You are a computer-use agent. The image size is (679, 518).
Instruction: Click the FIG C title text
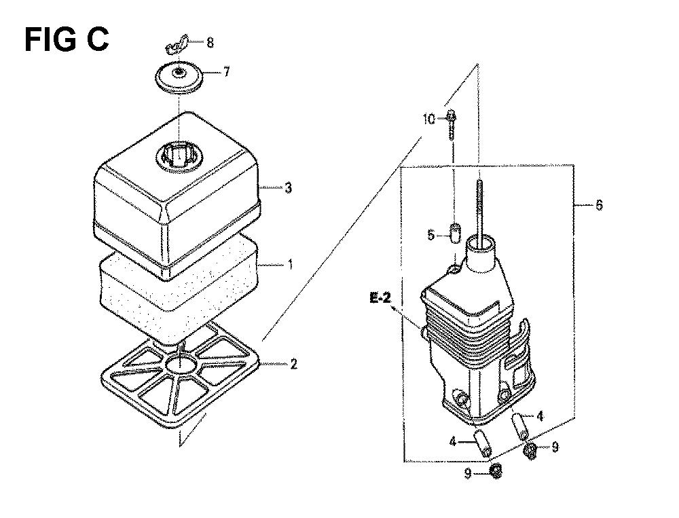(67, 39)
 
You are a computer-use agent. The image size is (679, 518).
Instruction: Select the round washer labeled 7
(180, 78)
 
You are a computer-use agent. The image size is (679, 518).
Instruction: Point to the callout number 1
(291, 264)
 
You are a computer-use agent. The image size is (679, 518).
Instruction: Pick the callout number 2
(293, 364)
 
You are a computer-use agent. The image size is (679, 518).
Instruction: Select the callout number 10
(429, 119)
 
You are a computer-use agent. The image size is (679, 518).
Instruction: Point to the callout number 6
(599, 204)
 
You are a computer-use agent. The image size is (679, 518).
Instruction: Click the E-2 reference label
(380, 299)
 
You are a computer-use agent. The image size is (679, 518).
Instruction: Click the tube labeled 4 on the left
(482, 443)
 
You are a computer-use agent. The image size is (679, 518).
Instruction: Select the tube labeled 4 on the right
(519, 426)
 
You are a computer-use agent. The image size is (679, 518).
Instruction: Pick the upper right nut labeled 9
(530, 450)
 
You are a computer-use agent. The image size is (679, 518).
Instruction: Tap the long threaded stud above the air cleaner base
(479, 208)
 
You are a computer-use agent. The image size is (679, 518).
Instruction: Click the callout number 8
(210, 43)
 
